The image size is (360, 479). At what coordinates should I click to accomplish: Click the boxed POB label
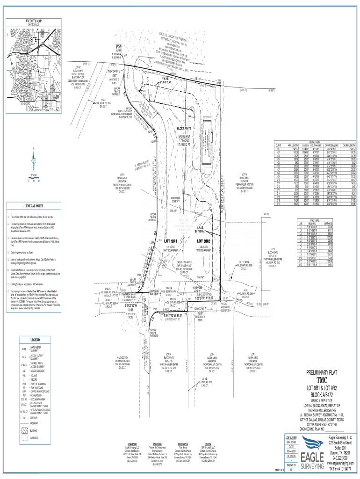point(119,47)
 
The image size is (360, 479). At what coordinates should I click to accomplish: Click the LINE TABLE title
point(315,220)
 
